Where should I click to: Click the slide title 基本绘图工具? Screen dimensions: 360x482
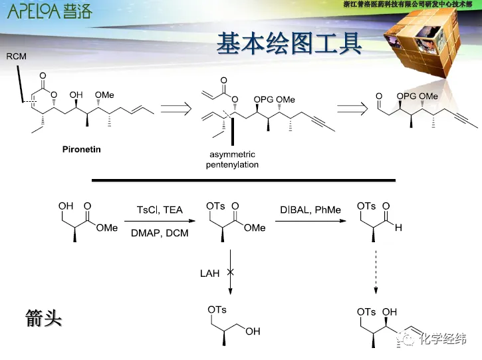pyautogui.click(x=289, y=44)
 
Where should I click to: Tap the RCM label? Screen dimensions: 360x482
pyautogui.click(x=17, y=57)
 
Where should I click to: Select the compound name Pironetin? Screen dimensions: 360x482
pyautogui.click(x=81, y=150)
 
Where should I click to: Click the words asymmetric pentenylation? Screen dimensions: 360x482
pyautogui.click(x=231, y=160)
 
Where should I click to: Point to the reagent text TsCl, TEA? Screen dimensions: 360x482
pyautogui.click(x=158, y=210)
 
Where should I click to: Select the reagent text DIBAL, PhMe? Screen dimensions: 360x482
pyautogui.click(x=310, y=210)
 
